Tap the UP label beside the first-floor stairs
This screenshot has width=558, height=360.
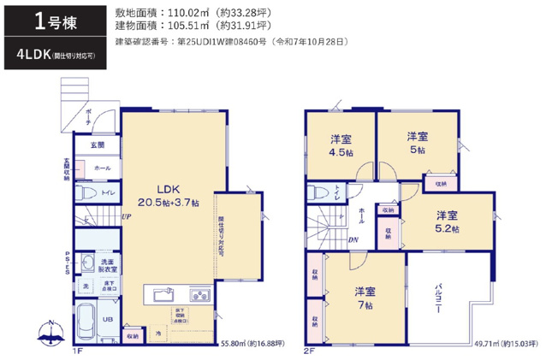pos(125,216)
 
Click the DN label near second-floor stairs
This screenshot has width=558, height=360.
pos(353,240)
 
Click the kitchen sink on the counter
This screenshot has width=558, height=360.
pos(163,296)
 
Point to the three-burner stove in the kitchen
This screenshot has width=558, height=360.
pos(199,296)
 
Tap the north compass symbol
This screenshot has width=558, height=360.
pos(50,331)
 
